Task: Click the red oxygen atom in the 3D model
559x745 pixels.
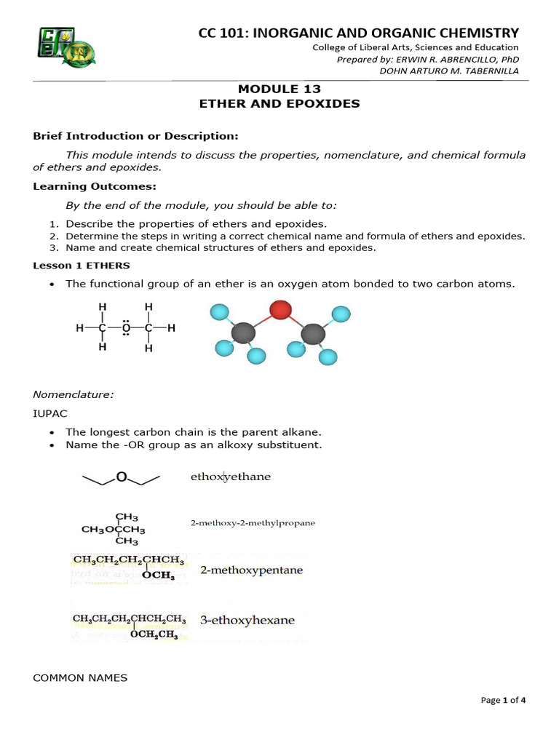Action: [x=280, y=311]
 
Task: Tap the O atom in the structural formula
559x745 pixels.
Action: [x=126, y=328]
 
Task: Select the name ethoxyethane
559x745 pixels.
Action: [x=230, y=477]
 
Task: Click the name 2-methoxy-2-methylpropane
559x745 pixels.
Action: [x=253, y=523]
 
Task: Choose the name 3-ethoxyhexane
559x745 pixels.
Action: [x=247, y=621]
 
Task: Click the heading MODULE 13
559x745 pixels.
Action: [x=279, y=89]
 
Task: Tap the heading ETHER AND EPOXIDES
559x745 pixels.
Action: [x=279, y=104]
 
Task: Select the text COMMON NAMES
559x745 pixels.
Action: [x=80, y=678]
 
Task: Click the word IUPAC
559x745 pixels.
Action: [x=49, y=413]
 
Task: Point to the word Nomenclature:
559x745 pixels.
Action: [x=74, y=394]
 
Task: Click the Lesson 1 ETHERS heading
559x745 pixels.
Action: [x=82, y=266]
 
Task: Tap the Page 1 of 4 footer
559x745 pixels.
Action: [x=503, y=700]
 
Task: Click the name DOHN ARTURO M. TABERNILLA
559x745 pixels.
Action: [x=449, y=71]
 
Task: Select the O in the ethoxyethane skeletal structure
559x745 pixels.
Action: [x=122, y=477]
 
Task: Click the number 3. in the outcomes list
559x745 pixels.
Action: [x=55, y=247]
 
